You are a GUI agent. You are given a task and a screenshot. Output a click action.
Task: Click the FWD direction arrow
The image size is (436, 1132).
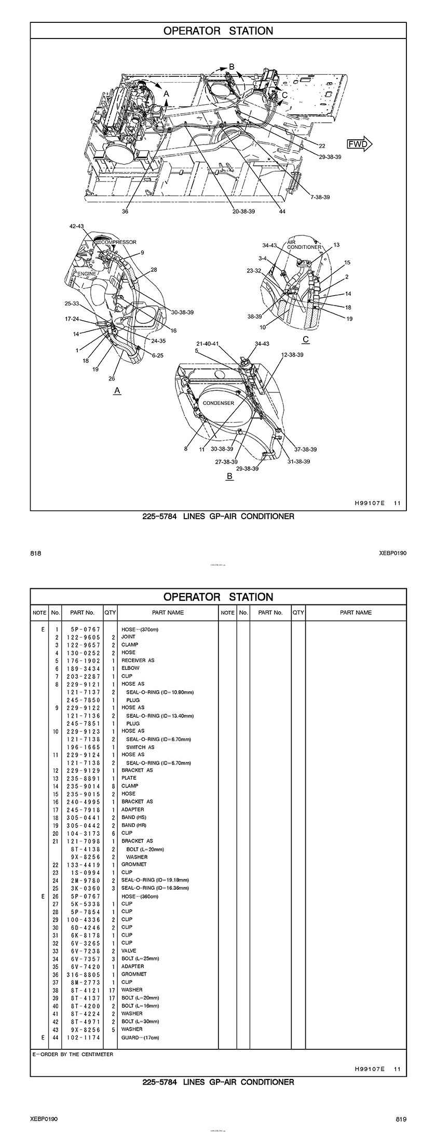tap(360, 144)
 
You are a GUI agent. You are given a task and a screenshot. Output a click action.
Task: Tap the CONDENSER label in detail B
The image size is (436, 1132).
tap(218, 403)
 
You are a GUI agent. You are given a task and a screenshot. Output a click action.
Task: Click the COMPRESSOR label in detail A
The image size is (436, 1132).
tap(119, 242)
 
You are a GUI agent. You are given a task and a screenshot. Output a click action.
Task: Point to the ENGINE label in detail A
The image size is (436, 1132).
tap(87, 273)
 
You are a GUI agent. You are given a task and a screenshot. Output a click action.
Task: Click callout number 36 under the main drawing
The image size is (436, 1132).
tap(125, 212)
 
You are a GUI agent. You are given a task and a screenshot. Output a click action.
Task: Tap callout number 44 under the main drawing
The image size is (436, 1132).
tap(282, 212)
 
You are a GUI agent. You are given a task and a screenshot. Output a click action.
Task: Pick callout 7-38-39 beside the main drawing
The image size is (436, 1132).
tap(320, 197)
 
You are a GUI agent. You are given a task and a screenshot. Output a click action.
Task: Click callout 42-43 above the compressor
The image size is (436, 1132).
tap(76, 227)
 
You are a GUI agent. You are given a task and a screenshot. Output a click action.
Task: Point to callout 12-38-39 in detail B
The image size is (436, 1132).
tap(292, 354)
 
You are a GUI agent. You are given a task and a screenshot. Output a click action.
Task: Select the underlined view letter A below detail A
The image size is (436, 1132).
tap(117, 390)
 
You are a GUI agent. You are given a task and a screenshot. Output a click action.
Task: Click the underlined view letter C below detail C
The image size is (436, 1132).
tap(306, 339)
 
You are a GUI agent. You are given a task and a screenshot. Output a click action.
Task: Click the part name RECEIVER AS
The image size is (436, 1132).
tap(138, 660)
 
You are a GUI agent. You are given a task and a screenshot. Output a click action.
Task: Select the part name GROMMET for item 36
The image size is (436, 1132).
tap(134, 974)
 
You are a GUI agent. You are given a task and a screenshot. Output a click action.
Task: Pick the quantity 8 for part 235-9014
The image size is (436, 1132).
tap(113, 786)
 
